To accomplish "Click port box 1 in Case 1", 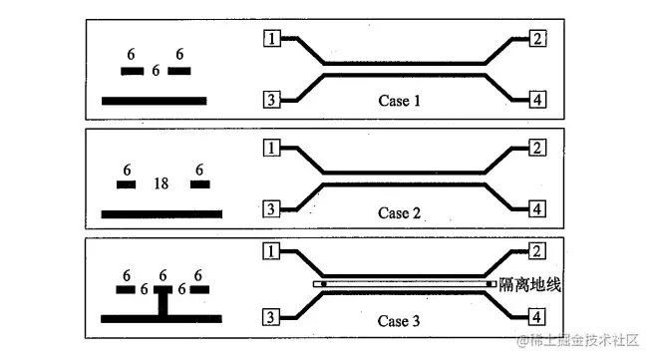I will [x=271, y=39].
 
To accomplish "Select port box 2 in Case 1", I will [x=536, y=39].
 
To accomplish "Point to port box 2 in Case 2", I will [x=536, y=149].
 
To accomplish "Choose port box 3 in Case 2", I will [x=271, y=208].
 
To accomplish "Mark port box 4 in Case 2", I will [x=536, y=208].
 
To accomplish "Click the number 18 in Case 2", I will [x=161, y=183].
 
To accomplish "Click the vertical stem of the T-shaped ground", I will [x=161, y=302].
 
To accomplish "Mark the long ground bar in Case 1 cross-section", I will [x=154, y=100].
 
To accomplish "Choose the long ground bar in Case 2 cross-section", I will [x=162, y=213].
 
